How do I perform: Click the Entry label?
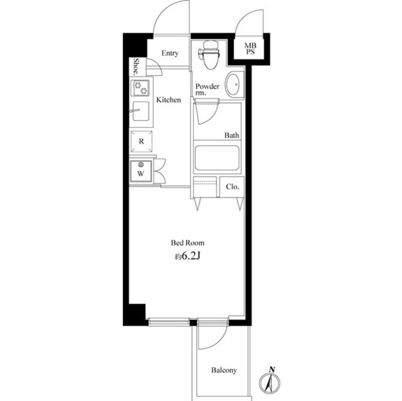tap(170, 53)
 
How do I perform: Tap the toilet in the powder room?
tap(210, 57)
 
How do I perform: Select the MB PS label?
tap(249, 49)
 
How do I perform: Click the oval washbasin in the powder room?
tap(233, 84)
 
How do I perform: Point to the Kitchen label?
tap(168, 100)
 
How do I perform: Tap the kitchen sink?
tap(140, 113)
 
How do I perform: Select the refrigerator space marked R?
tap(141, 141)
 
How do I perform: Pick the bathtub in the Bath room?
tap(216, 158)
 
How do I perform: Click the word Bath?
tap(232, 135)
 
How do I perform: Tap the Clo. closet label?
tap(231, 186)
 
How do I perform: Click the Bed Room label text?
tap(188, 243)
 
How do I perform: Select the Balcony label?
tap(224, 370)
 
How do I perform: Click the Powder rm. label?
tap(207, 90)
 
